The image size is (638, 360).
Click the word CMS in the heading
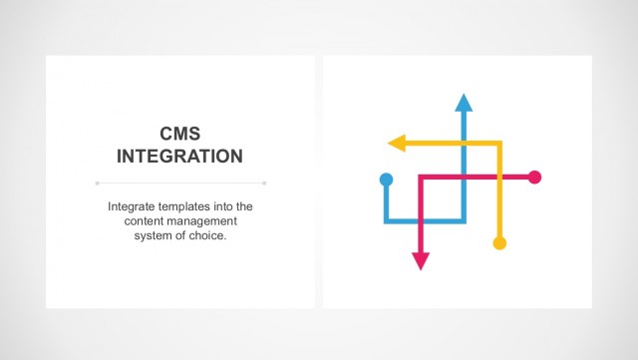pos(180,133)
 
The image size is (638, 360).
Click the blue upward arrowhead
pos(463,102)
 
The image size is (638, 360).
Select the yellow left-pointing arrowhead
pos(396,143)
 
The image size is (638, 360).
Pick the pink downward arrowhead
pos(421,260)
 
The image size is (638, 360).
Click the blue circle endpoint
pos(387,180)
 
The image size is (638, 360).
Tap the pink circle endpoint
pos(534,178)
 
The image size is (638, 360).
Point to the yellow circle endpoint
pos(500,242)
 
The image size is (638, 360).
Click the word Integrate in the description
pos(134,206)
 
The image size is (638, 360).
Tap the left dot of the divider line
pos(97,182)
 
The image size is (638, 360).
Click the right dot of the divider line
pos(265,182)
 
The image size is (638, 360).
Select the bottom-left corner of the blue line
pos(387,219)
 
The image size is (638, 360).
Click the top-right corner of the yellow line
pos(500,143)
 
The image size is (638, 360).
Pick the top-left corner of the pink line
pos(421,178)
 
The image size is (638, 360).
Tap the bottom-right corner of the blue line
pos(463,219)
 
